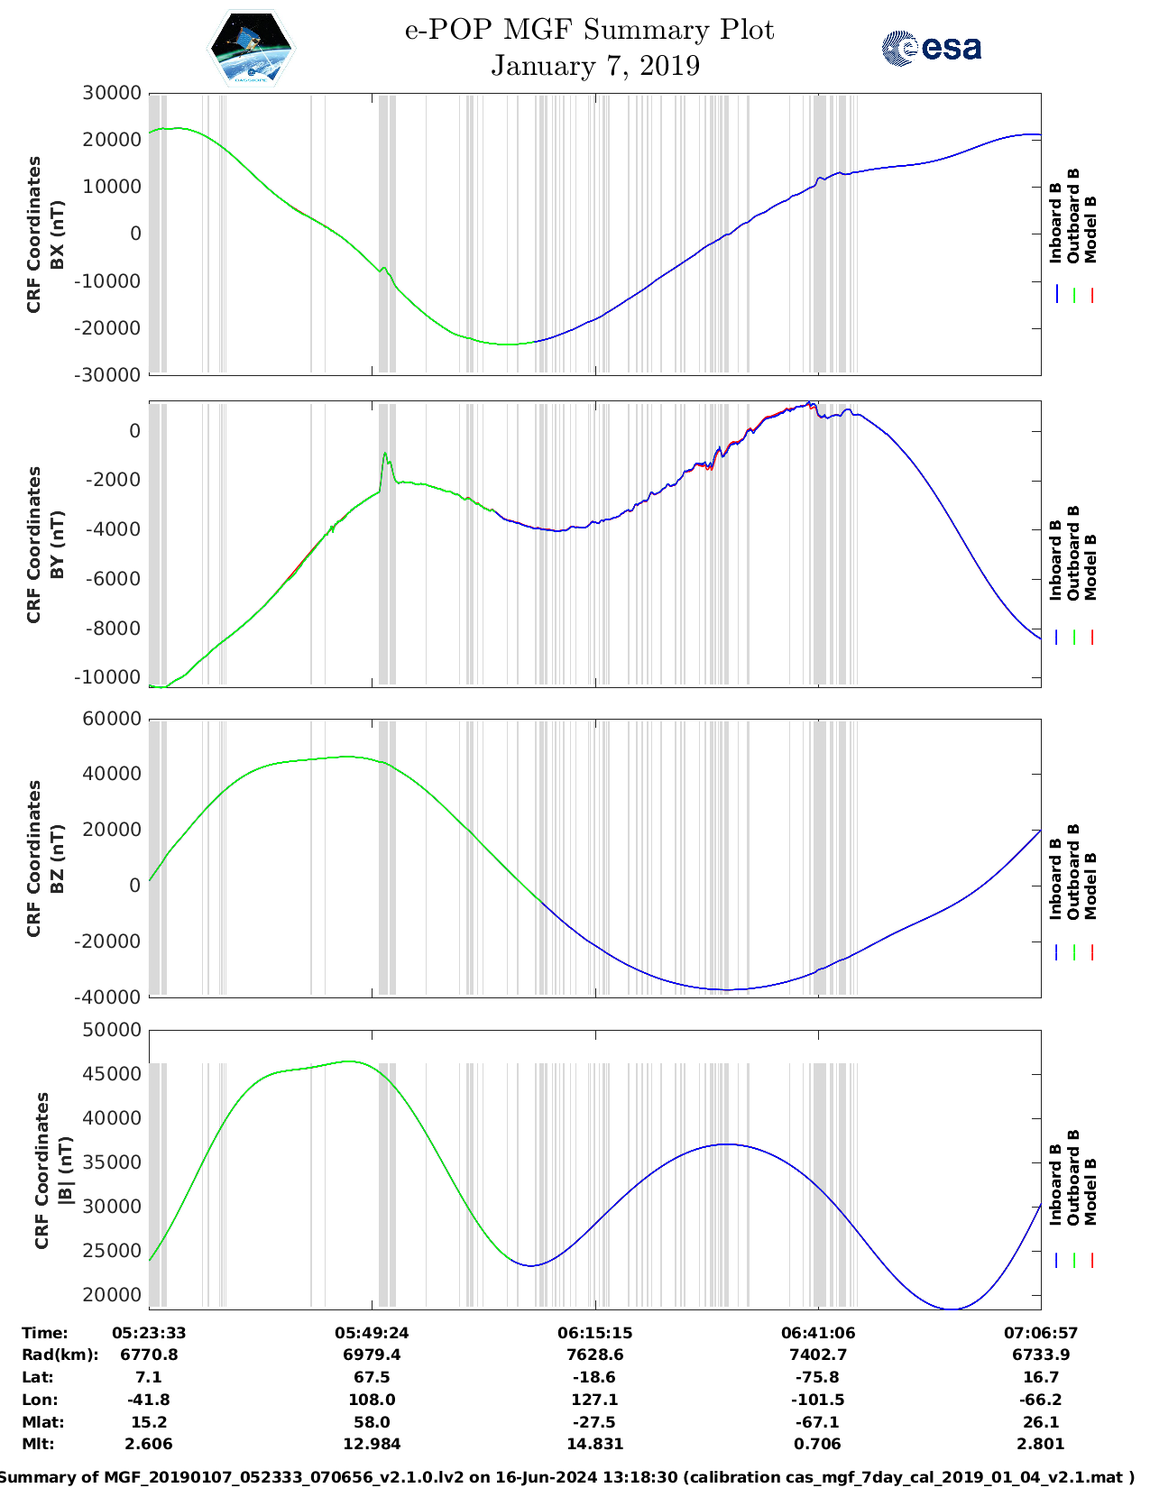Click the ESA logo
(x=931, y=48)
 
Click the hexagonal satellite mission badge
(x=251, y=48)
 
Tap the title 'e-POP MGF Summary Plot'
(x=589, y=30)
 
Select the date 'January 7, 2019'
(x=595, y=66)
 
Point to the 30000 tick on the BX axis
(x=112, y=93)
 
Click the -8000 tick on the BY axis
(x=115, y=628)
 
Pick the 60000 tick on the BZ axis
(x=112, y=719)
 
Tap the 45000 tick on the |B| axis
(x=112, y=1074)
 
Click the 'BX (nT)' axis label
(x=57, y=234)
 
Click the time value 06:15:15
(x=594, y=1333)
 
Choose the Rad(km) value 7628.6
(x=594, y=1355)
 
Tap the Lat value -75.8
(x=818, y=1377)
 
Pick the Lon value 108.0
(x=372, y=1400)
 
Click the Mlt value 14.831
(x=594, y=1444)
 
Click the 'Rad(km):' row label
(x=60, y=1355)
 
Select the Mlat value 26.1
(x=1041, y=1422)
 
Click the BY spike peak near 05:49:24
(x=385, y=454)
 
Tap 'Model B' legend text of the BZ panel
(x=1090, y=886)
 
